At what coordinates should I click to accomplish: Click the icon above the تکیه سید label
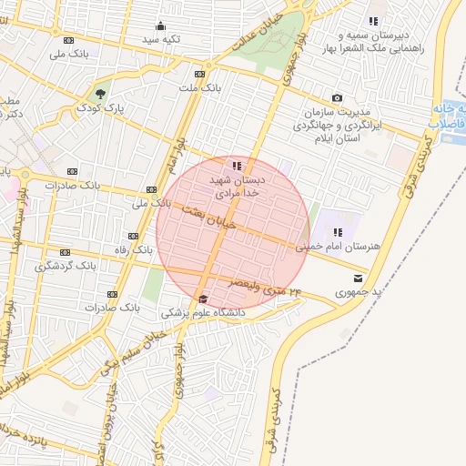click(161, 25)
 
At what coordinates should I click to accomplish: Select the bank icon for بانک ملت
click(199, 74)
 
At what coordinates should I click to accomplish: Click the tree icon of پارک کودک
click(99, 94)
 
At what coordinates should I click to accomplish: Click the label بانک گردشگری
click(65, 266)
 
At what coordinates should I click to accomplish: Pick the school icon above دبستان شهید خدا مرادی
click(237, 166)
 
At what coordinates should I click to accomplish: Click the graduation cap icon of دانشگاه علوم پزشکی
click(203, 299)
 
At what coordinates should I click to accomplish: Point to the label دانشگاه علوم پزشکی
click(204, 312)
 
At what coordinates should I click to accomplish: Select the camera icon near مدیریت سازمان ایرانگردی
click(338, 97)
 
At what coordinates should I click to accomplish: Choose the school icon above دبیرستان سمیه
click(372, 21)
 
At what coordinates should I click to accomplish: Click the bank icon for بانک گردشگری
click(65, 252)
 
